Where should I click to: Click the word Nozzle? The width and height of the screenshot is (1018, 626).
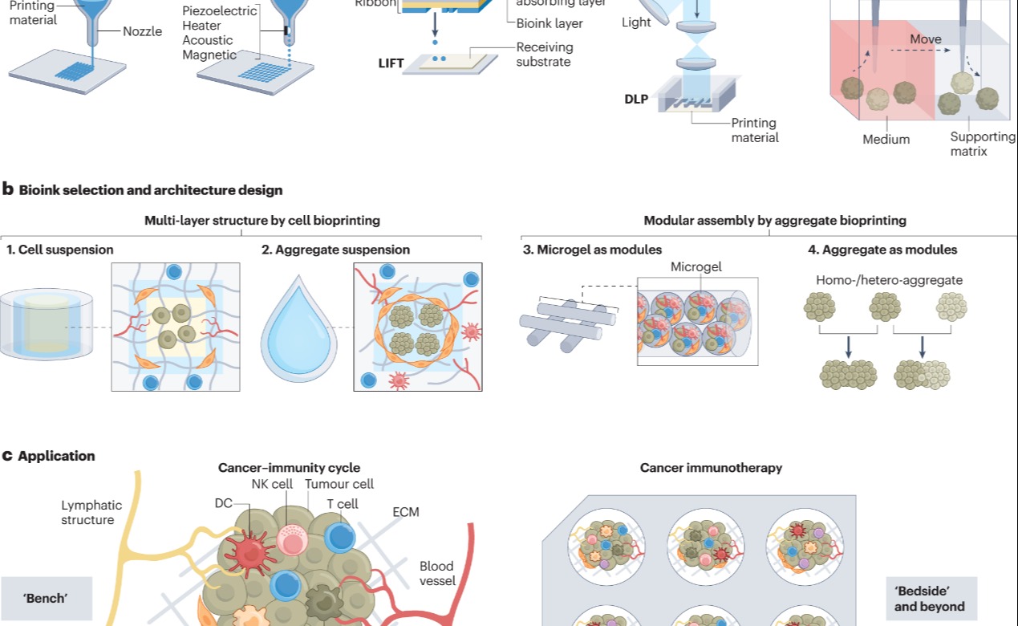pos(142,32)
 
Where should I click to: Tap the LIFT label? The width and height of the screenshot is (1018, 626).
pos(391,63)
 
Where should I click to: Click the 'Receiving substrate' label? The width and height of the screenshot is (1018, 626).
pos(544,55)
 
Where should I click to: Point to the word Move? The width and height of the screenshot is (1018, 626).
pos(926,39)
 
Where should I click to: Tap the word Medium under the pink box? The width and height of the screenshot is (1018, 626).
pos(886,140)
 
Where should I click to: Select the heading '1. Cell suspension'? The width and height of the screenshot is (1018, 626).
pos(60,250)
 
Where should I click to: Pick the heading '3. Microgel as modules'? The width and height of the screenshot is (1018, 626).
pos(592,250)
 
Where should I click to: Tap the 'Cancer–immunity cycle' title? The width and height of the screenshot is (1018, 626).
pos(289,467)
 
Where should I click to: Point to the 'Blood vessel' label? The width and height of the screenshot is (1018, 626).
pos(437,573)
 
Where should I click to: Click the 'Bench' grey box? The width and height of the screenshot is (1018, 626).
pos(47,599)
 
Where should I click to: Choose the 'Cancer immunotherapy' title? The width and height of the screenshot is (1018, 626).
pos(711,467)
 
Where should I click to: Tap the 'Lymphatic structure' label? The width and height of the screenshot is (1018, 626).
pos(91,512)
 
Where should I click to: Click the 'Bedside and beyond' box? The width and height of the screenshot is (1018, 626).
pos(931,599)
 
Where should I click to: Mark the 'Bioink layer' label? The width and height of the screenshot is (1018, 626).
pos(550,23)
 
